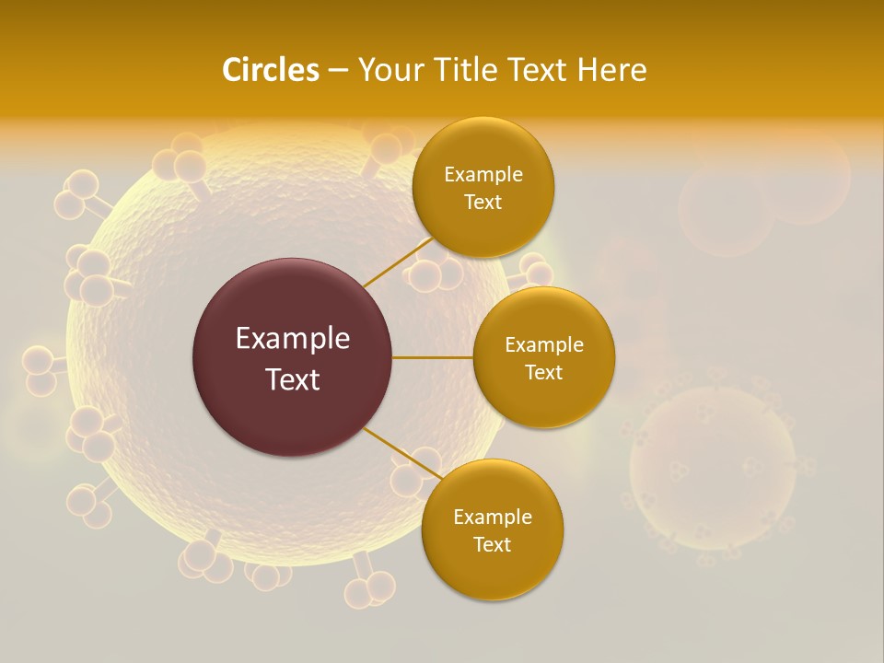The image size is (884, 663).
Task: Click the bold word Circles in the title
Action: point(270,70)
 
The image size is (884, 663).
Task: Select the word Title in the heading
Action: point(472,70)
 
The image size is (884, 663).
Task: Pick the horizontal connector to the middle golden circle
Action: point(433,357)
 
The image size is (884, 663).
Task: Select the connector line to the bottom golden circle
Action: point(402,454)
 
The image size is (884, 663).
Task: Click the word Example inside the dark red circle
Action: point(292,339)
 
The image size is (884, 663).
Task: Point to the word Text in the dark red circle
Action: point(292,379)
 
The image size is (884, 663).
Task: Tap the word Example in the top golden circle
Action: point(483,175)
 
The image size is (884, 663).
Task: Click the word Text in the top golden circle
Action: point(483,203)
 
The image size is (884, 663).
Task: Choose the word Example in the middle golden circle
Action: point(543,345)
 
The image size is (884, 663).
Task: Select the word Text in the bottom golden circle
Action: point(492,545)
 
